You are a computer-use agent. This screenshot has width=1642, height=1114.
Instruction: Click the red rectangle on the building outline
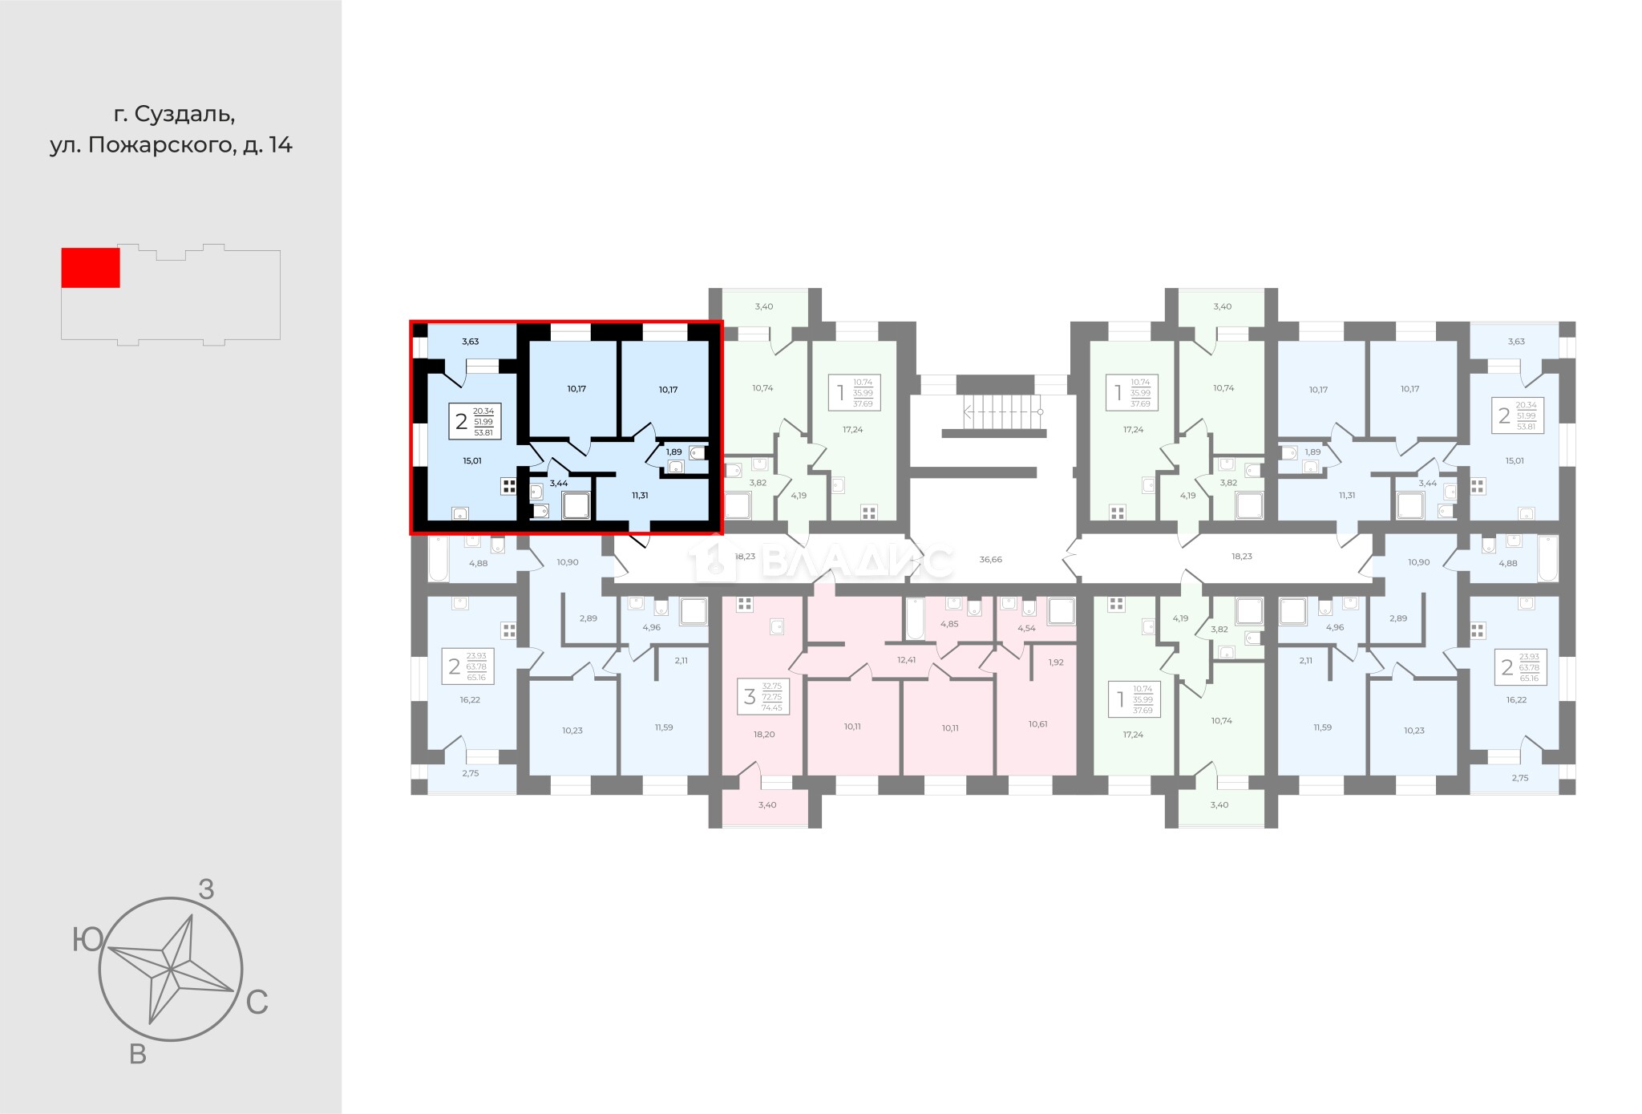coord(91,267)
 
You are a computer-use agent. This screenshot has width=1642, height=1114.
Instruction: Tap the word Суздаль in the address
coord(184,115)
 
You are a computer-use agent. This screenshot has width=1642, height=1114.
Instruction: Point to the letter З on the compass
coord(206,889)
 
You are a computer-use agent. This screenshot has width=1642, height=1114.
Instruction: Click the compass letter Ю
coord(87,940)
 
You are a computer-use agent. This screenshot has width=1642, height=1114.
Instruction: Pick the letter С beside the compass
coord(257,1003)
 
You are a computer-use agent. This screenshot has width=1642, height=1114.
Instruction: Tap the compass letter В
coord(138,1055)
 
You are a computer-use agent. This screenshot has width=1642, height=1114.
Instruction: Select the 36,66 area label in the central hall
coord(991,559)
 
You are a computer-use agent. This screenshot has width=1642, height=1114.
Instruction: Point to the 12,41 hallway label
coord(906,660)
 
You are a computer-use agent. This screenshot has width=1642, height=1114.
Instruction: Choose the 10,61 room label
coord(1038,723)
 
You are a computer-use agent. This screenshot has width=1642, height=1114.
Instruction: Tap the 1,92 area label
coord(1056,662)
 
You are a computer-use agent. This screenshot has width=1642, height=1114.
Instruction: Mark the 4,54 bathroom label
coord(1026,628)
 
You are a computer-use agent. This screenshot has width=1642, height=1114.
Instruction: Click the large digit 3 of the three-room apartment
coord(750,697)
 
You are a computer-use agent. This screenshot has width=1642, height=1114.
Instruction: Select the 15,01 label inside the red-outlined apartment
coord(472,461)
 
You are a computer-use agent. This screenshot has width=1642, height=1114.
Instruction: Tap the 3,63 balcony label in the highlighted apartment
coord(470,341)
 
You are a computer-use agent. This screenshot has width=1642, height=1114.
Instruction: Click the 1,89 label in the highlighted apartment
coord(673,452)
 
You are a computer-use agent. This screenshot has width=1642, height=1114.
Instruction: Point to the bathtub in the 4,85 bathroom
coord(914,619)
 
